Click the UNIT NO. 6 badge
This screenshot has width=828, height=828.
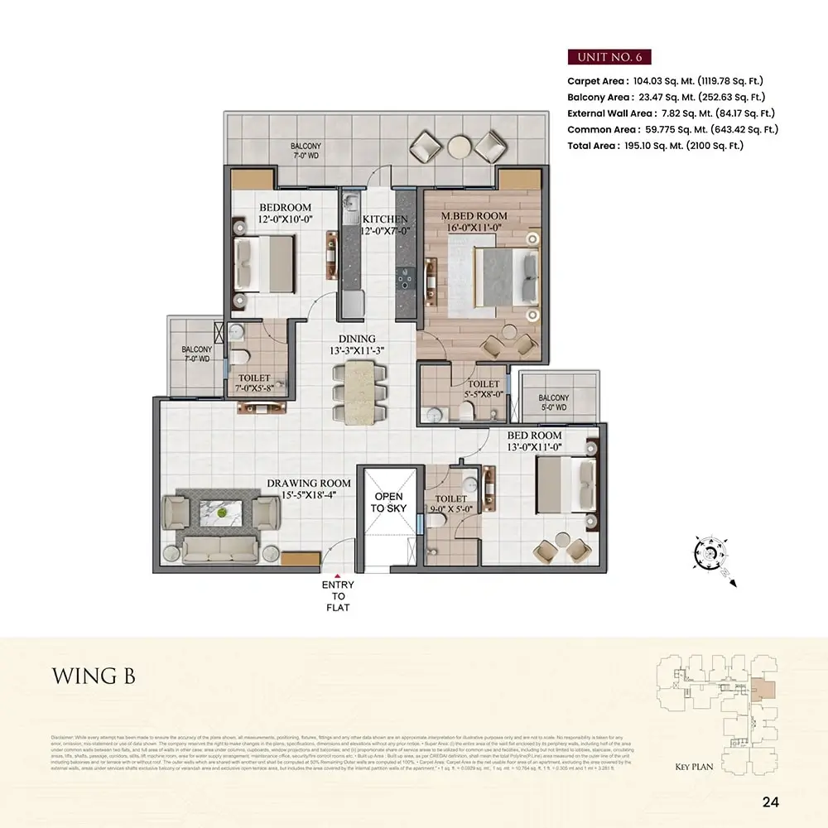(609, 57)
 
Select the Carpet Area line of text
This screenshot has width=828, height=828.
(665, 81)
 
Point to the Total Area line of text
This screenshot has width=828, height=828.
(655, 145)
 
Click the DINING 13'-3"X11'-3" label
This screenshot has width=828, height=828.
(357, 344)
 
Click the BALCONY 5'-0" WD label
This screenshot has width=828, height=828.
(554, 402)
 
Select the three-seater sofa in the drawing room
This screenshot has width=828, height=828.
(219, 548)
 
